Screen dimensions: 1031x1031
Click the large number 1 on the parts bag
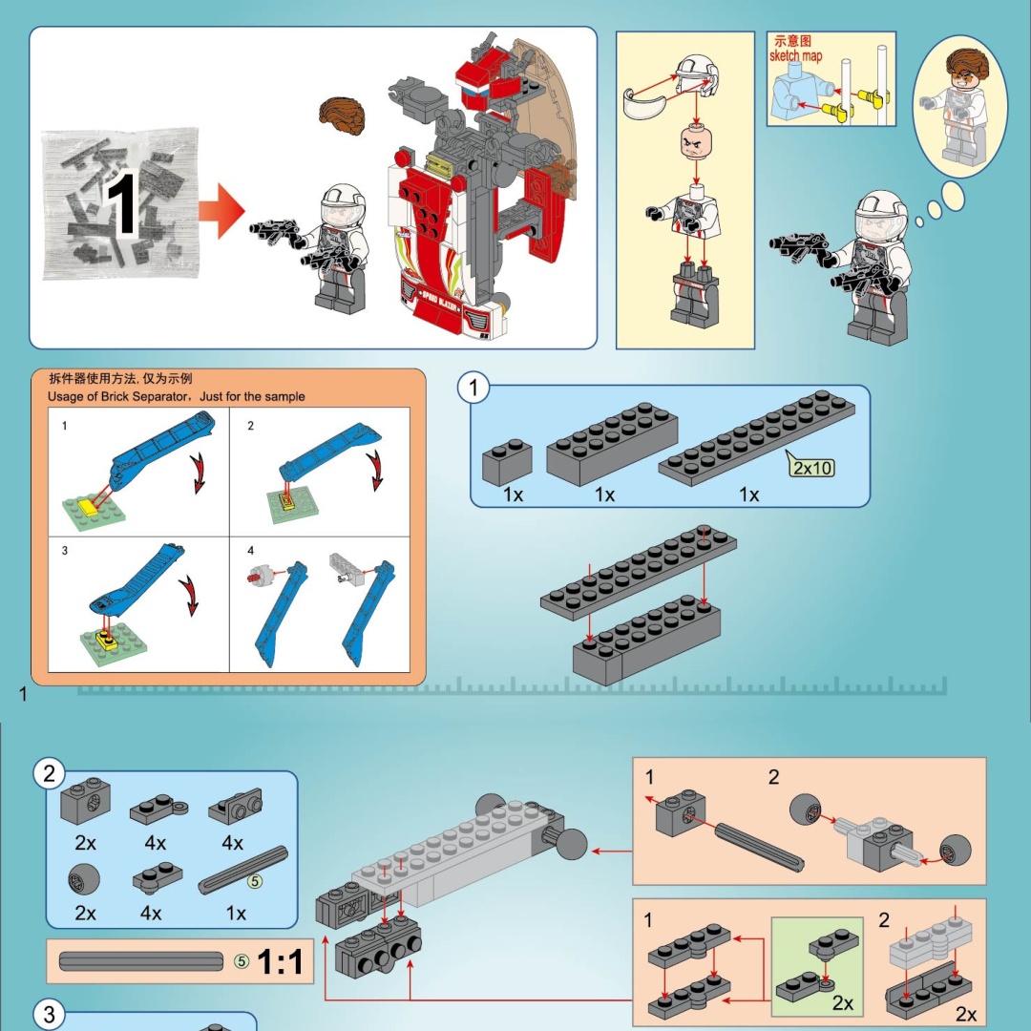click(x=121, y=202)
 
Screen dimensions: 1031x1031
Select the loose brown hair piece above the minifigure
click(x=343, y=115)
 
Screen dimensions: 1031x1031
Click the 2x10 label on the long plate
click(x=812, y=467)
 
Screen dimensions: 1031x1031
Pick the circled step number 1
click(x=473, y=389)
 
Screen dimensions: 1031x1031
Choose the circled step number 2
click(x=50, y=774)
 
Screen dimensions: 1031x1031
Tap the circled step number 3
click(x=50, y=1014)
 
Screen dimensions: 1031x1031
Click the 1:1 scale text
click(x=281, y=962)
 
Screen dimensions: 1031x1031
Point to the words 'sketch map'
click(x=795, y=55)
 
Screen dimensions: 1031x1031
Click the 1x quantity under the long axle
click(x=236, y=914)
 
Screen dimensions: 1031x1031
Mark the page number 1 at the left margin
click(x=23, y=694)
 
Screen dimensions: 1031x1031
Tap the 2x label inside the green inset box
click(x=842, y=1002)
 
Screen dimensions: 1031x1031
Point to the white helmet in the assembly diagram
click(x=697, y=78)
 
